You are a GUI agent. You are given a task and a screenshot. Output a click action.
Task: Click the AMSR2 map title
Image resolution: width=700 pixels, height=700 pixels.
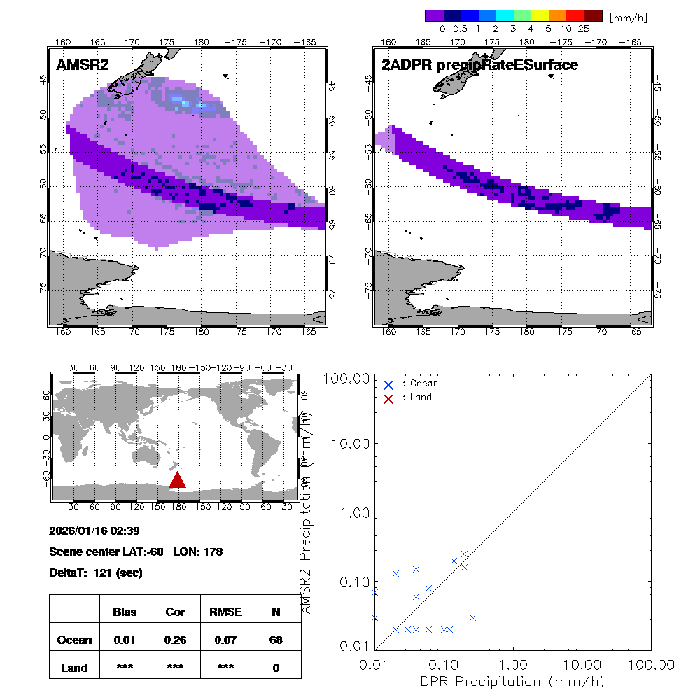tap(83, 65)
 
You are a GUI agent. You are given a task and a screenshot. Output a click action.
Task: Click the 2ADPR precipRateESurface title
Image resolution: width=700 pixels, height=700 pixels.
tap(479, 65)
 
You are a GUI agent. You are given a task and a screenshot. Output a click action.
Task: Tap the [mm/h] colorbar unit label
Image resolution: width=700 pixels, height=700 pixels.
tap(628, 16)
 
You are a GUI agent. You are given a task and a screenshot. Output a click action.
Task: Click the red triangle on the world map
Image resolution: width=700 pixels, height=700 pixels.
tap(177, 480)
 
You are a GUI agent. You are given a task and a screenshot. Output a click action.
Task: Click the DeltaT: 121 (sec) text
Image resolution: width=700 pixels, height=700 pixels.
tap(96, 573)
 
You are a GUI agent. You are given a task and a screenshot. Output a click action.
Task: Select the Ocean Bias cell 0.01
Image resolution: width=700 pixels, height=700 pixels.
tap(125, 640)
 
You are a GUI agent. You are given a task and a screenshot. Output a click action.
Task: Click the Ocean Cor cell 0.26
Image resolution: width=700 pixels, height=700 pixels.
tap(175, 640)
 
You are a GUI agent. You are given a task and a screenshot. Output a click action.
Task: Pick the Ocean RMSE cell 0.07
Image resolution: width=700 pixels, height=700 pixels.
tap(225, 640)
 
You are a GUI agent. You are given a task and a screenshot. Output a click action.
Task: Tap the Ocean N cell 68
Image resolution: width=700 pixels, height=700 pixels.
tap(276, 640)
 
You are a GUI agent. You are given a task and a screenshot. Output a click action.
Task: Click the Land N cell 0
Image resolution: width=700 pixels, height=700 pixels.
tap(276, 668)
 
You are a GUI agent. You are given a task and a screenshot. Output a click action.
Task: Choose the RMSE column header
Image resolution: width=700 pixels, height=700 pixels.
tap(225, 612)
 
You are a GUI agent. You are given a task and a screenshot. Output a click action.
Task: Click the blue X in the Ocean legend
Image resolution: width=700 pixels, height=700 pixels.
tap(388, 384)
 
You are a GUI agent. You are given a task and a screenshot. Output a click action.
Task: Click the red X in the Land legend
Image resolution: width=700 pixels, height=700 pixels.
tap(388, 398)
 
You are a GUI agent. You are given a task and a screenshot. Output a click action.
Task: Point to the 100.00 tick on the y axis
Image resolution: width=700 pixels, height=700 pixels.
tap(344, 379)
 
